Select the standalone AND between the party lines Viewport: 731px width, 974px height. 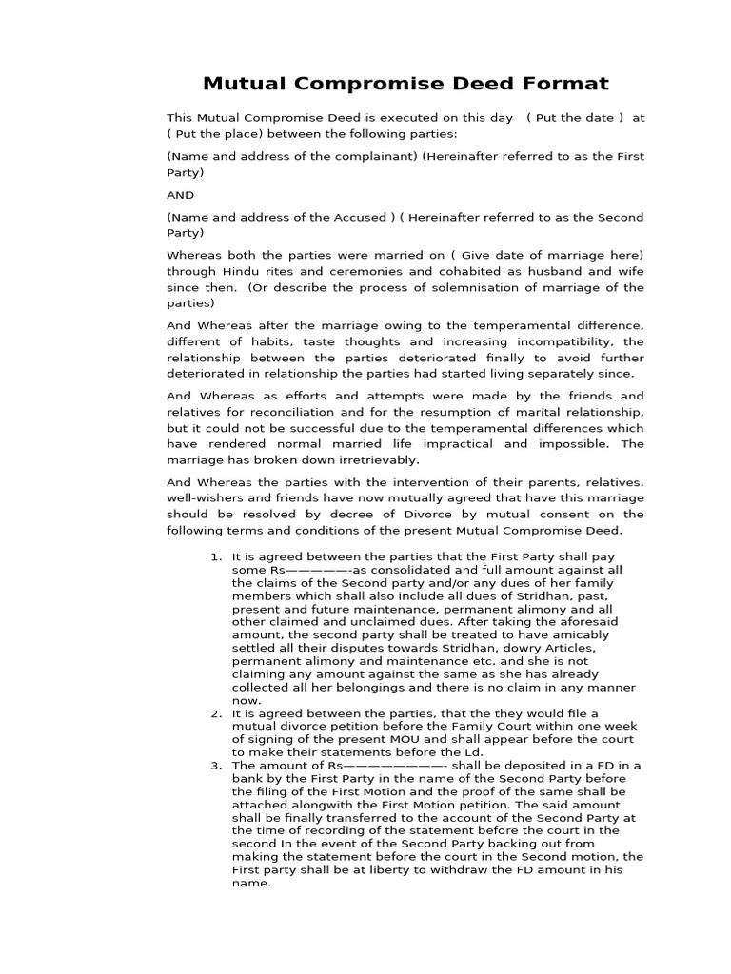(180, 194)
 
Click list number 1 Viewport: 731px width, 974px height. (216, 555)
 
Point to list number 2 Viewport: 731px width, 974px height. (216, 712)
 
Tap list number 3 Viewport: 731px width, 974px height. (216, 765)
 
